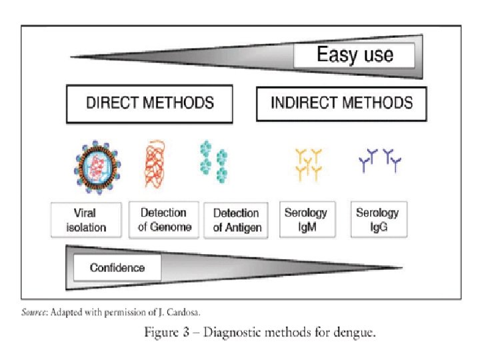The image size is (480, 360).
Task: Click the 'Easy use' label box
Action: [354, 55]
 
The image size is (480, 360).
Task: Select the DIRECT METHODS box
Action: [149, 103]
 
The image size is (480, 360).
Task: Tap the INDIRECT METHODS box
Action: [341, 103]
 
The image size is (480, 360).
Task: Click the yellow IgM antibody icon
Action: [308, 164]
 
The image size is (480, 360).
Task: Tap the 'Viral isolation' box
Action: [86, 220]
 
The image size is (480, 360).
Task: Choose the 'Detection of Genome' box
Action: [163, 219]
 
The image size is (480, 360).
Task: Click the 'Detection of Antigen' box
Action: [235, 220]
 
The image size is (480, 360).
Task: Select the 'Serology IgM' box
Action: [305, 219]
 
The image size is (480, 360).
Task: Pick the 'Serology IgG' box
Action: [378, 219]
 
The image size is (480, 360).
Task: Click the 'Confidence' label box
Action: [117, 268]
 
